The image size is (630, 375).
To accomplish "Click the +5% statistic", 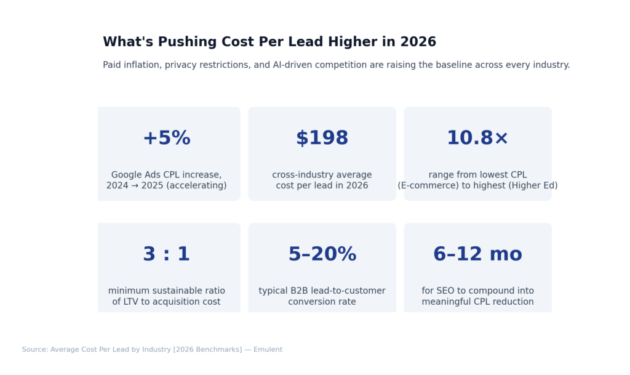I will click(166, 139).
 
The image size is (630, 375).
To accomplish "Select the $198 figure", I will click(322, 139).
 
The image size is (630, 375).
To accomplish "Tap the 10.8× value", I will click(477, 139).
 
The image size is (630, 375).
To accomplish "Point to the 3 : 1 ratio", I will click(166, 254).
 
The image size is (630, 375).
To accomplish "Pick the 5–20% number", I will click(322, 254).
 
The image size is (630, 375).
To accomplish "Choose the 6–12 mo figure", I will click(477, 254).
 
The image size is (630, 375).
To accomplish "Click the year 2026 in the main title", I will click(418, 42).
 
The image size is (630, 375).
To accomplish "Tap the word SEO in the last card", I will click(447, 291).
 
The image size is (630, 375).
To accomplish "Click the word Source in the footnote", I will click(34, 350).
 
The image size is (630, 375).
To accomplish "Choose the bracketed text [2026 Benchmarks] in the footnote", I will click(207, 350).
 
